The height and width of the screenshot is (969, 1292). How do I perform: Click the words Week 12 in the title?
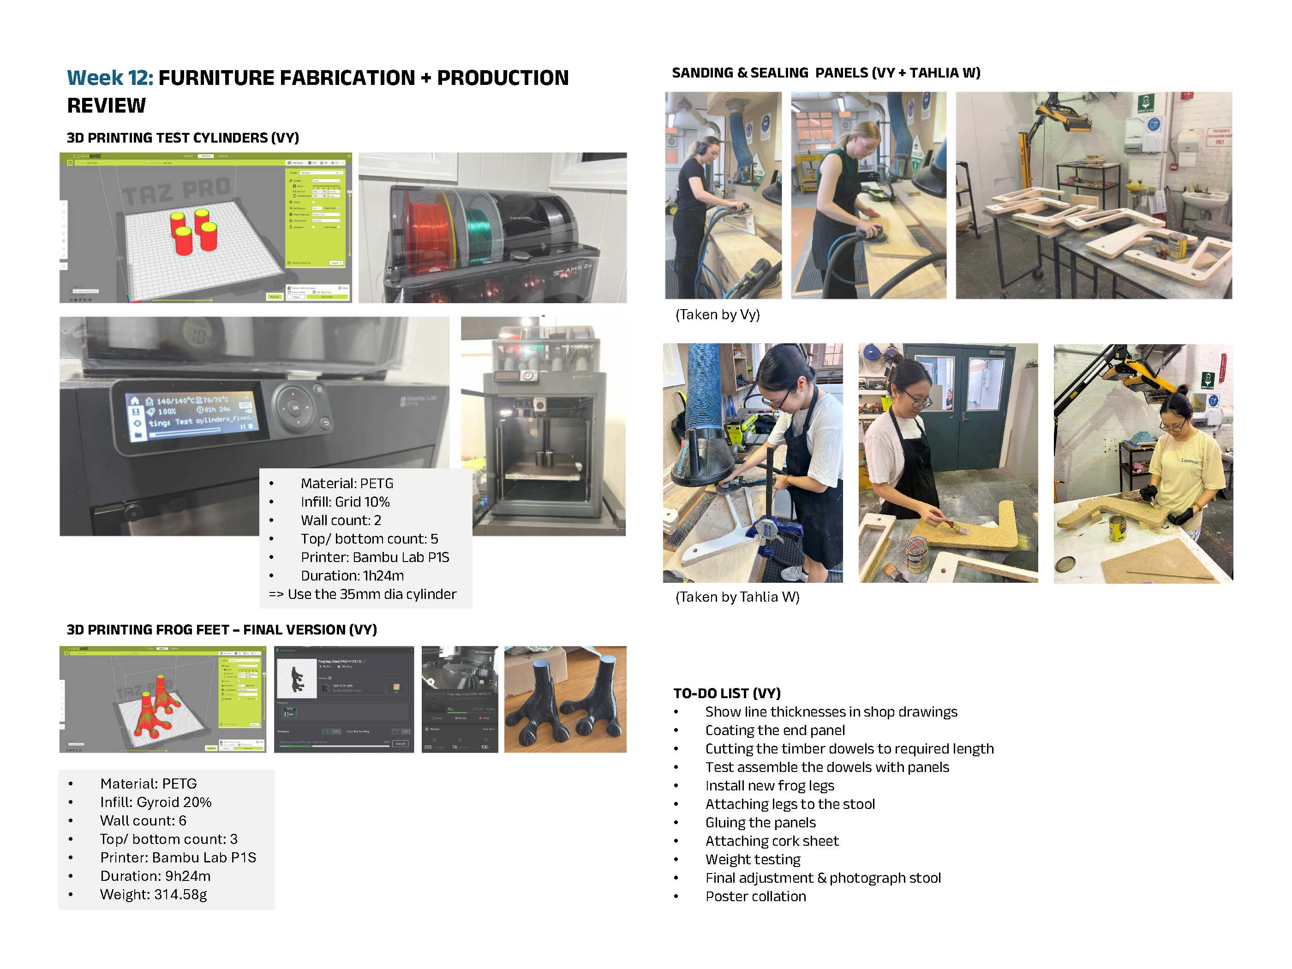pos(110,78)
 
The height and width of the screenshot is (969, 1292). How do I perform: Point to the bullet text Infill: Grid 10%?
pos(345,502)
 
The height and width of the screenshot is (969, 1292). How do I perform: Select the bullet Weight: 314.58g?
pos(153,894)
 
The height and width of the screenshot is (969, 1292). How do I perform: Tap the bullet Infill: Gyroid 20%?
pos(156,802)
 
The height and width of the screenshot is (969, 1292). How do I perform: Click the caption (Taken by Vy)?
pos(717,315)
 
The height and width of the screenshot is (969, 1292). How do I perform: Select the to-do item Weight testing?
pos(752,859)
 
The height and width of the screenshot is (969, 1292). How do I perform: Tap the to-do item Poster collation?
pos(755,896)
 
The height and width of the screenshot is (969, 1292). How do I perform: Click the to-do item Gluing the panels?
pos(760,822)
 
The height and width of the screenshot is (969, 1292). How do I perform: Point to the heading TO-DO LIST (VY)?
pos(727,694)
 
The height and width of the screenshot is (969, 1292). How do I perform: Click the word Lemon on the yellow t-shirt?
pos(1189,461)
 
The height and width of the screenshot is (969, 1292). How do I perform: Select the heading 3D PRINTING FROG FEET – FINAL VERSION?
pos(221,630)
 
